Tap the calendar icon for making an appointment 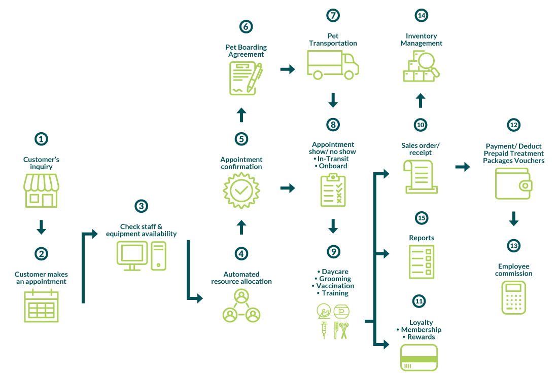coord(41,305)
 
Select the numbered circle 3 coord(142,206)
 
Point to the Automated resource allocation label coord(241,278)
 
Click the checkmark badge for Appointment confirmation coord(241,190)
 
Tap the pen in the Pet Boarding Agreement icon coord(255,78)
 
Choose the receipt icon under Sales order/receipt coord(420,176)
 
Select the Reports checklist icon coord(422,261)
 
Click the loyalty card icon coord(419,358)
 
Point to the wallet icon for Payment coord(513,184)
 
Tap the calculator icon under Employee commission coord(513,297)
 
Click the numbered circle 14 coord(421,15)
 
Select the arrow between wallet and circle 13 coord(513,219)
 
